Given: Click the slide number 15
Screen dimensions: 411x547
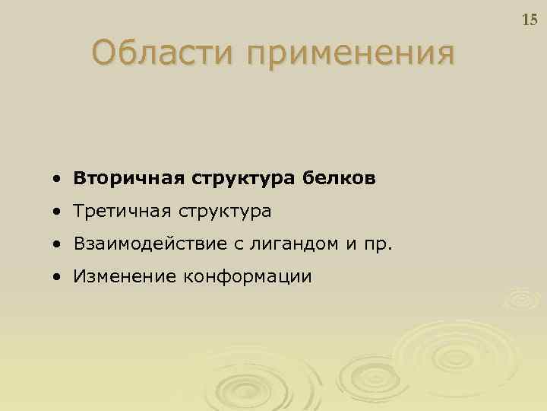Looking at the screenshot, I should pos(530,21).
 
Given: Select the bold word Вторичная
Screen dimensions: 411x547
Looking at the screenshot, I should pos(122,178).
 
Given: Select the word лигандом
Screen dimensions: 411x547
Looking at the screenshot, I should pos(288,244).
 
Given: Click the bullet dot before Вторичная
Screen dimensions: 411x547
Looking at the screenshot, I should pos(58,180).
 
